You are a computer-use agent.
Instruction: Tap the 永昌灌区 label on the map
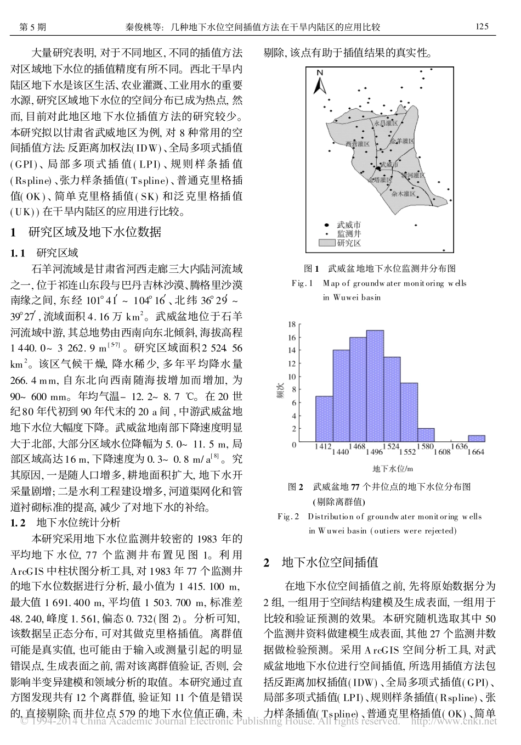pyautogui.click(x=385, y=124)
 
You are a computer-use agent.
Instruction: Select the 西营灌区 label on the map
pyautogui.click(x=357, y=143)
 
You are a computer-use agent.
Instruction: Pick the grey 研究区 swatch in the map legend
pyautogui.click(x=327, y=242)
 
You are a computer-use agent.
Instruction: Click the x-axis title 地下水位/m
pyautogui.click(x=392, y=468)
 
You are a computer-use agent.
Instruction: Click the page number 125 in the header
pyautogui.click(x=482, y=26)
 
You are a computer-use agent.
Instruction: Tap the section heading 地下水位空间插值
pyautogui.click(x=330, y=562)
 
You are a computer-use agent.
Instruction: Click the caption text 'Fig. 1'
pyautogui.click(x=302, y=283)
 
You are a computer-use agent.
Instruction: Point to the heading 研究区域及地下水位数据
pyautogui.click(x=95, y=232)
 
